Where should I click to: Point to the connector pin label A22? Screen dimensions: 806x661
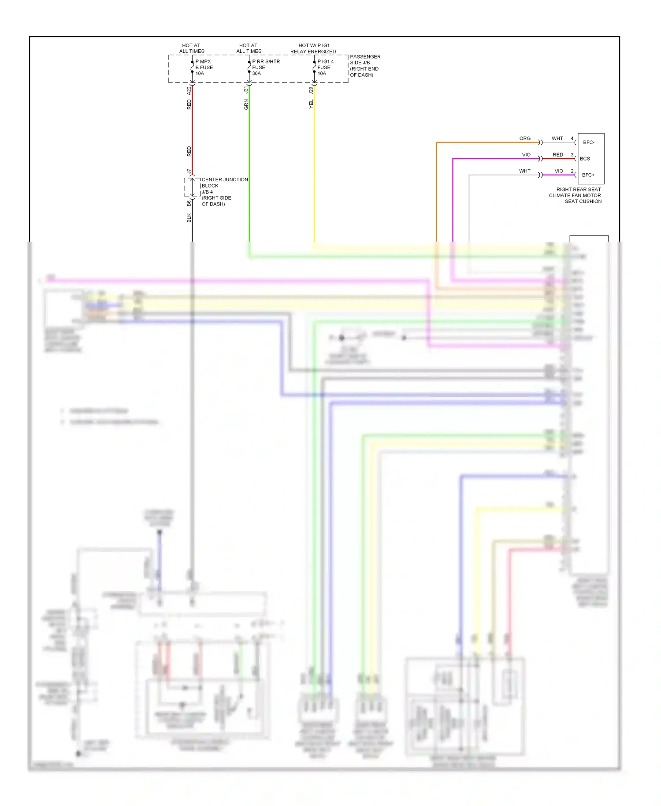click(189, 90)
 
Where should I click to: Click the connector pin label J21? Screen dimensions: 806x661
click(246, 90)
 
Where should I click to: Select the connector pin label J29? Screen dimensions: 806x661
click(311, 90)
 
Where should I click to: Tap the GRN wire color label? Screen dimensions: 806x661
click(246, 104)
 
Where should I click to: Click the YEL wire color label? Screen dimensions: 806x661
click(311, 104)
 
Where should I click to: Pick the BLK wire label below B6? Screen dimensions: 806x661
click(189, 218)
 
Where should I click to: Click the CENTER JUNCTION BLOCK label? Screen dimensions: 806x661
click(224, 183)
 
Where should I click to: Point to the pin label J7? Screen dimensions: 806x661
click(189, 171)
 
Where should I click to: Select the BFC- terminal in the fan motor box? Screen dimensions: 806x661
click(589, 142)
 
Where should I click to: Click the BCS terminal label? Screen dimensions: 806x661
click(585, 159)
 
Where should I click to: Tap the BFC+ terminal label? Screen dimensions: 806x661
click(588, 175)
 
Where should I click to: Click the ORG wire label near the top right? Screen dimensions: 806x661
click(525, 138)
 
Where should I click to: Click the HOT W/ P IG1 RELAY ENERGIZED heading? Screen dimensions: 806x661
click(313, 49)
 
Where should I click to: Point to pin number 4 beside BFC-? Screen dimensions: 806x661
click(572, 138)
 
